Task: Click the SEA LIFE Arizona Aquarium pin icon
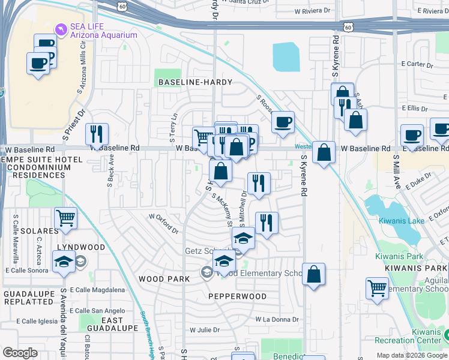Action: point(60,28)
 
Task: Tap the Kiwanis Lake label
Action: point(402,221)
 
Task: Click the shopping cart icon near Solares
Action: point(65,218)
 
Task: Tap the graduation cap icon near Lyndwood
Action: point(64,262)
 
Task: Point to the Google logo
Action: point(20,353)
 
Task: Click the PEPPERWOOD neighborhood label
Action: point(237,296)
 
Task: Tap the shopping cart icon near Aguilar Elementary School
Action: point(377,289)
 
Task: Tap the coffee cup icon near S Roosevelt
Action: point(283,122)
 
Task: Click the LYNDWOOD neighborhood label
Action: point(81,247)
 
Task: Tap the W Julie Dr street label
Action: point(205,330)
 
